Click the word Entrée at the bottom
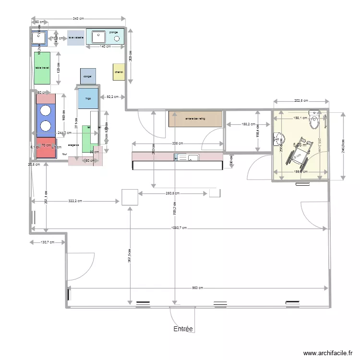(183, 329)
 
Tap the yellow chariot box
(119, 72)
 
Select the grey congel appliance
(88, 76)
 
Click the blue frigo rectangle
(88, 98)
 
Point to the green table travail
(42, 68)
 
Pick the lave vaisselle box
(76, 37)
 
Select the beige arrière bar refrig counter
(195, 119)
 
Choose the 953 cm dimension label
(197, 288)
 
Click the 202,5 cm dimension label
(301, 101)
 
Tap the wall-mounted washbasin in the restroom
(276, 139)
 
